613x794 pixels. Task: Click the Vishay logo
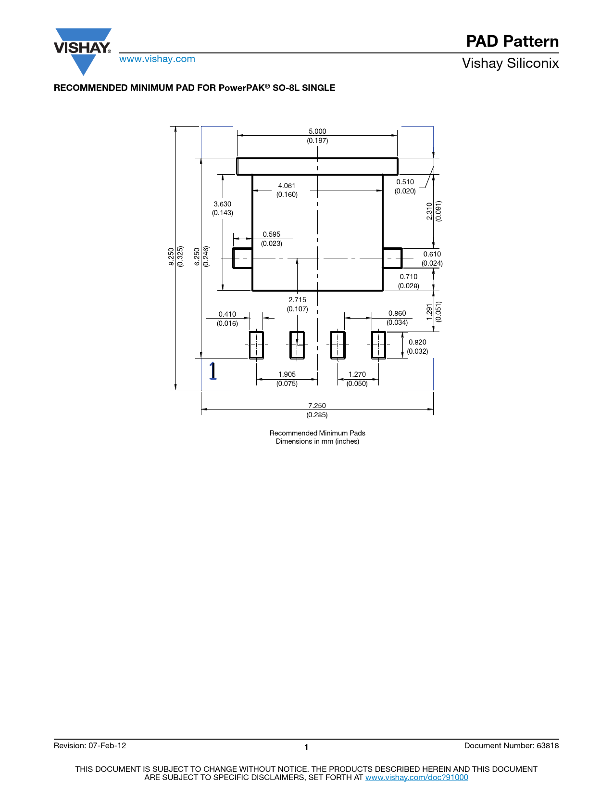tap(83, 51)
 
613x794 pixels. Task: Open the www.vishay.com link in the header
tap(157, 59)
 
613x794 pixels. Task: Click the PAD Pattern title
tap(512, 41)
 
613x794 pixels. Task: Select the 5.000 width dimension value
tap(317, 131)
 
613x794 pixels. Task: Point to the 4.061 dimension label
tap(287, 186)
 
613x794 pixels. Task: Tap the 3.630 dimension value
tap(222, 204)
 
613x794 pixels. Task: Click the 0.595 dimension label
tap(272, 234)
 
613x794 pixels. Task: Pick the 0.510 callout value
tap(405, 181)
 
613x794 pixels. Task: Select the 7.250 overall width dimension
tap(317, 406)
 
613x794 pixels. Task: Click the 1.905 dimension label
tap(287, 374)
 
